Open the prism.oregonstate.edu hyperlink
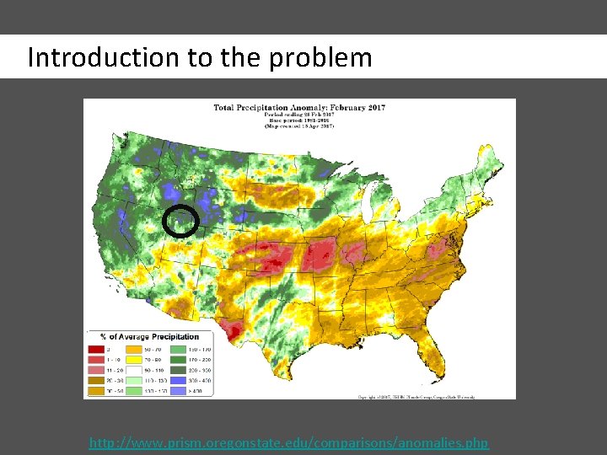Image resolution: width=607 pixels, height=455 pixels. tap(288, 443)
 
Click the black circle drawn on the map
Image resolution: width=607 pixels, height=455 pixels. tap(180, 221)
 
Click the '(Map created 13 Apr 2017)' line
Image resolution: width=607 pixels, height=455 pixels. tap(299, 126)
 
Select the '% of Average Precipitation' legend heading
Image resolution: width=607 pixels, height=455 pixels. tap(149, 337)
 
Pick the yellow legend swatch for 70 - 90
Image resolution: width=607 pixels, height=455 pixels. tap(134, 358)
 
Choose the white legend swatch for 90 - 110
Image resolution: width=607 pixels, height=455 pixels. tap(134, 370)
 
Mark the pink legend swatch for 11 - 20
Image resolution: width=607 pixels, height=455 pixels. tap(96, 370)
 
